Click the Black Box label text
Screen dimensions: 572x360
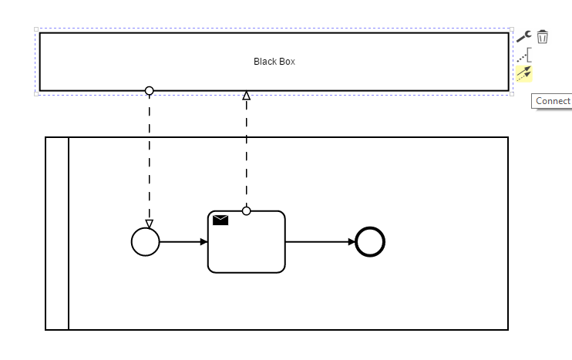coord(274,62)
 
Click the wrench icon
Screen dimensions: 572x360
coord(524,36)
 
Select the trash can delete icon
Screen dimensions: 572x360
coord(543,37)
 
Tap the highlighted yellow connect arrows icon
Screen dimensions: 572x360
coord(524,74)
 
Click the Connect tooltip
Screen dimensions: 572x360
coord(552,101)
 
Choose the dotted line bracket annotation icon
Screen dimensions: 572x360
coord(524,55)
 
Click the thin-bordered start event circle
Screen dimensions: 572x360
coord(146,242)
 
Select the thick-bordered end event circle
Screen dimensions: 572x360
coord(370,242)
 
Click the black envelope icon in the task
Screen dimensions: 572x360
coord(220,220)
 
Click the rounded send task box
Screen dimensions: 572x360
coord(246,242)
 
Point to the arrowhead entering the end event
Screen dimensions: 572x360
coord(352,242)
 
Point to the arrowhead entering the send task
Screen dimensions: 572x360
coord(204,242)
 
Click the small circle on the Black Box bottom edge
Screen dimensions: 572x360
coord(150,90)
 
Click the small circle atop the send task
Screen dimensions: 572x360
coord(246,210)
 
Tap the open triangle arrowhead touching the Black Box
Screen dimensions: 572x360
coord(247,96)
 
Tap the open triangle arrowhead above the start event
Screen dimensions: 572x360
coord(150,224)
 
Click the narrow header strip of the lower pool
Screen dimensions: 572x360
coord(57,234)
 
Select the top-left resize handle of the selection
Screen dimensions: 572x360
coord(36,29)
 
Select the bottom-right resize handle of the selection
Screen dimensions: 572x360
coord(512,94)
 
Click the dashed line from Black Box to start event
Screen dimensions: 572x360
coord(150,157)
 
